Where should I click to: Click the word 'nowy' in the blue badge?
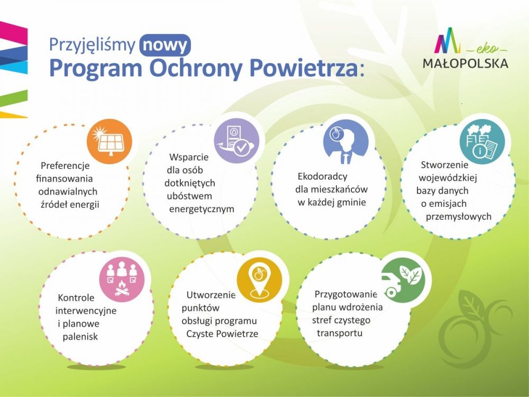[165, 45]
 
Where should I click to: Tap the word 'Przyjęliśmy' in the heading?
[93, 45]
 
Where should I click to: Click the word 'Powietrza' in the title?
[304, 68]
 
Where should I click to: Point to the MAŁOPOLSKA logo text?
[465, 63]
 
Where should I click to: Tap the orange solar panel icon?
[110, 141]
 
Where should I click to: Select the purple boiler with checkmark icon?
[237, 141]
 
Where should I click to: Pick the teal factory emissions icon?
[482, 141]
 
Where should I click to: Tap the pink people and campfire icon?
[122, 279]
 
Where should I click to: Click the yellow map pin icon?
[259, 279]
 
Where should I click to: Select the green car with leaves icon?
[402, 280]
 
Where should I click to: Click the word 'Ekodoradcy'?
[322, 176]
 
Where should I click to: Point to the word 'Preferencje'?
[65, 166]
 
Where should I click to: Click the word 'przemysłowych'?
[458, 216]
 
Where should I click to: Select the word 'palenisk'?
[80, 337]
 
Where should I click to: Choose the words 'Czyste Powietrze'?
[222, 333]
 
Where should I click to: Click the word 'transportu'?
[340, 333]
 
